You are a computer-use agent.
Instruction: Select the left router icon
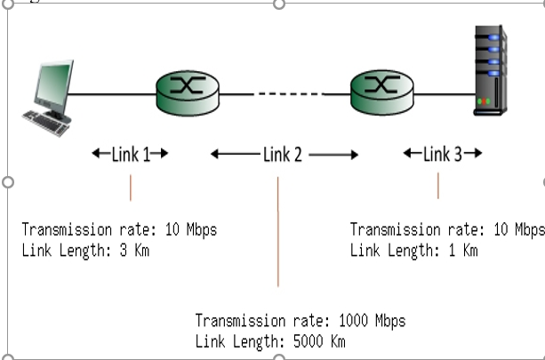tap(187, 92)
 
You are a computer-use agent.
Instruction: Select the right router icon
tap(382, 92)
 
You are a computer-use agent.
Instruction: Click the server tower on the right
tap(490, 71)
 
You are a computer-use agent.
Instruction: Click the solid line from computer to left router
tap(112, 93)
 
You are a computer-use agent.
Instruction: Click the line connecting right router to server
tap(445, 93)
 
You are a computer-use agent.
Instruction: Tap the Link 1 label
tap(130, 154)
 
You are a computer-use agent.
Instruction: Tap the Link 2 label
tap(283, 155)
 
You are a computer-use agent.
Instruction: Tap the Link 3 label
tap(442, 154)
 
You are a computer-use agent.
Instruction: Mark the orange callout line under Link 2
tap(278, 231)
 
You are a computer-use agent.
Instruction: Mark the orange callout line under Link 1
tap(131, 188)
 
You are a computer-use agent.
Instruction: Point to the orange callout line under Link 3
tap(438, 185)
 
